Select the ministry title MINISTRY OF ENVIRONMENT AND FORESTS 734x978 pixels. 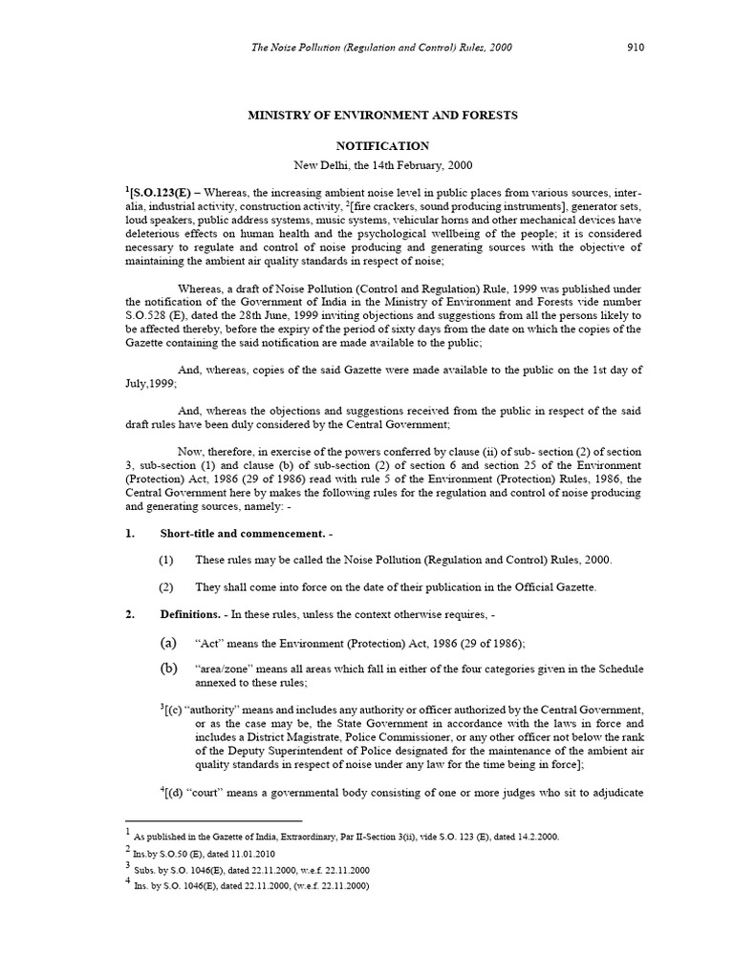(x=382, y=115)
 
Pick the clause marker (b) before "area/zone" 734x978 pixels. (x=167, y=668)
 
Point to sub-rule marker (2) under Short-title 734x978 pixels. (x=167, y=587)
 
